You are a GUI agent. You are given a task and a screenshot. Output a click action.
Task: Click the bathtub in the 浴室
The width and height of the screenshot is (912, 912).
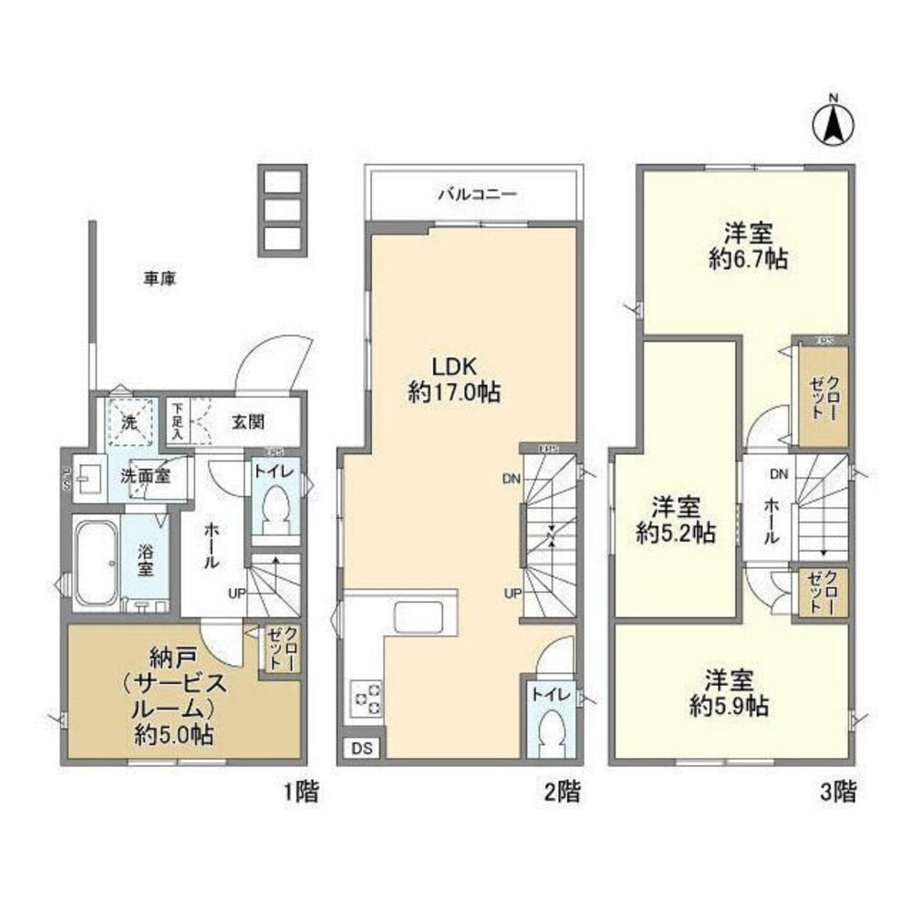click(94, 562)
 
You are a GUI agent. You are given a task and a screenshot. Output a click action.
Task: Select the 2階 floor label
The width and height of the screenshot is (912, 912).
click(561, 792)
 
